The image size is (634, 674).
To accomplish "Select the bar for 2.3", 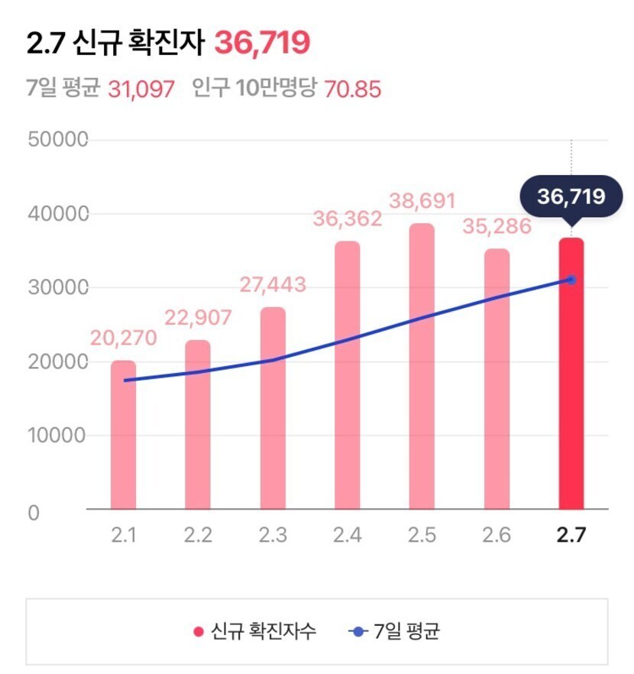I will tap(273, 408).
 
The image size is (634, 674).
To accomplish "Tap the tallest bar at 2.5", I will tap(422, 366).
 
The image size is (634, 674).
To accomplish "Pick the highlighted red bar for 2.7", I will tap(571, 374).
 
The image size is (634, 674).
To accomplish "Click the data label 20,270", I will tap(123, 338).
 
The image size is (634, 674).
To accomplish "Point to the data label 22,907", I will tap(198, 318).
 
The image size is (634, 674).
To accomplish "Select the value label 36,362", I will tap(347, 219).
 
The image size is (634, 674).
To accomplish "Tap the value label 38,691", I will tap(422, 202).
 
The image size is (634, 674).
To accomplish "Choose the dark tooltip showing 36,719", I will tap(571, 197).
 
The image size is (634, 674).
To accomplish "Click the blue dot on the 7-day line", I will tap(571, 280).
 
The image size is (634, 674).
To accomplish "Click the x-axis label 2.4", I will tap(347, 535).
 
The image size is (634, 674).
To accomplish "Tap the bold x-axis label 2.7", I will tap(571, 535).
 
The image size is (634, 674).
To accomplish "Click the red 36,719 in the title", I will tap(262, 43).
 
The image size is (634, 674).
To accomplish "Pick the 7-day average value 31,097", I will tap(141, 89).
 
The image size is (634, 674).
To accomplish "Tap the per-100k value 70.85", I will tap(353, 89).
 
